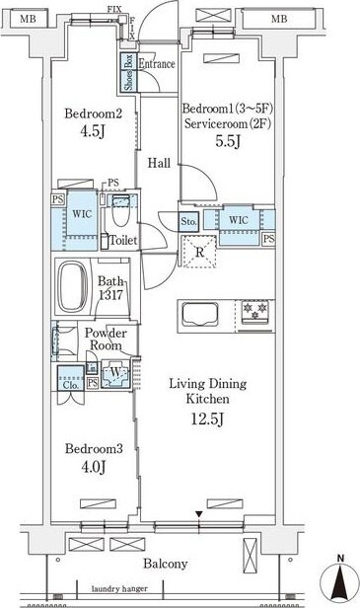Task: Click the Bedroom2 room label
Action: click(x=94, y=114)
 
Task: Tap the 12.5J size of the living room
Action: click(x=208, y=418)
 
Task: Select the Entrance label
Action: click(x=157, y=63)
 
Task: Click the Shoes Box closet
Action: click(x=128, y=72)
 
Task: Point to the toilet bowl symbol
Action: click(x=119, y=211)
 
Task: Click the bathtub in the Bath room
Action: click(x=72, y=285)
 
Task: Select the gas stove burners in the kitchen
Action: click(x=254, y=311)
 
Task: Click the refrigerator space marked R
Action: click(x=199, y=252)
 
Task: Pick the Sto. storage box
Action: click(x=188, y=222)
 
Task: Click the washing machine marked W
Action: click(x=115, y=374)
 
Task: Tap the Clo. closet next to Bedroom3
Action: click(x=71, y=378)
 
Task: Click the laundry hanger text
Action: click(x=119, y=588)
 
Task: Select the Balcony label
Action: click(x=166, y=564)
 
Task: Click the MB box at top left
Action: click(x=28, y=18)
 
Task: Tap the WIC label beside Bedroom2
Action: click(x=82, y=213)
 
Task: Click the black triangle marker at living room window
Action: click(x=199, y=514)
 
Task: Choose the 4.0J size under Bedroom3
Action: click(x=94, y=466)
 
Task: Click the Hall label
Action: click(x=159, y=163)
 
